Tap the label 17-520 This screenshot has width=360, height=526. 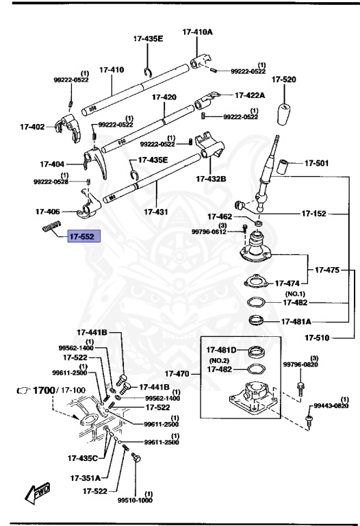click(x=283, y=80)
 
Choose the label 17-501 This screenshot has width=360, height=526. click(x=316, y=163)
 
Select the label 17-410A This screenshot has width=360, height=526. click(x=197, y=32)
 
